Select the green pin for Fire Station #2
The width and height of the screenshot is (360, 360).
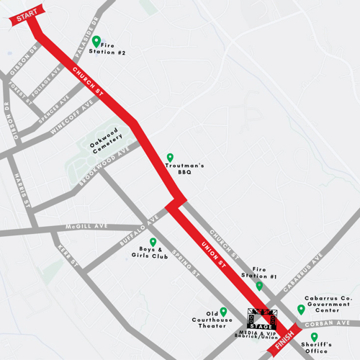click(96, 41)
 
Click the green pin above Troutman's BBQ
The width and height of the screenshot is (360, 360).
click(171, 158)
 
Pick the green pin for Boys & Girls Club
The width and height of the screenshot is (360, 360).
click(153, 243)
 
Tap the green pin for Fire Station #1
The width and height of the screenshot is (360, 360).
click(260, 286)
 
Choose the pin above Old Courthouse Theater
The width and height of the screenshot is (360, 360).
click(223, 312)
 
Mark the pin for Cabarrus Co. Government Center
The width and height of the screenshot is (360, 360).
click(301, 310)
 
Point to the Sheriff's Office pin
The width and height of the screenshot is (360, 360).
click(314, 336)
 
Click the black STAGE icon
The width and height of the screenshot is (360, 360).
click(261, 319)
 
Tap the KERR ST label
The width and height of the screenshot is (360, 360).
click(68, 258)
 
